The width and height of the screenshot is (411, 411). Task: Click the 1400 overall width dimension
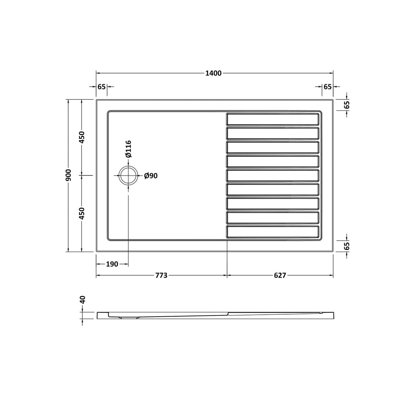point(214,73)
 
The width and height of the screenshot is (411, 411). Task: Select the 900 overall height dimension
point(68,175)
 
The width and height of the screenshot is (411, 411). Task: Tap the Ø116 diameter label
point(128,149)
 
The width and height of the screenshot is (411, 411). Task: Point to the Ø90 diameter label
point(151,176)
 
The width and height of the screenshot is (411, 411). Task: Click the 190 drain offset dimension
point(112,264)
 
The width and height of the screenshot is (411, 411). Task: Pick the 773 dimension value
point(161,275)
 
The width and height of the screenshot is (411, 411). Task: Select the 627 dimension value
point(280,275)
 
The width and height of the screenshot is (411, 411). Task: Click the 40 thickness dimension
point(82,299)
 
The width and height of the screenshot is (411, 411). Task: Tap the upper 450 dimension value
point(82,137)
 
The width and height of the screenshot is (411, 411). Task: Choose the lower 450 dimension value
point(82,213)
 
